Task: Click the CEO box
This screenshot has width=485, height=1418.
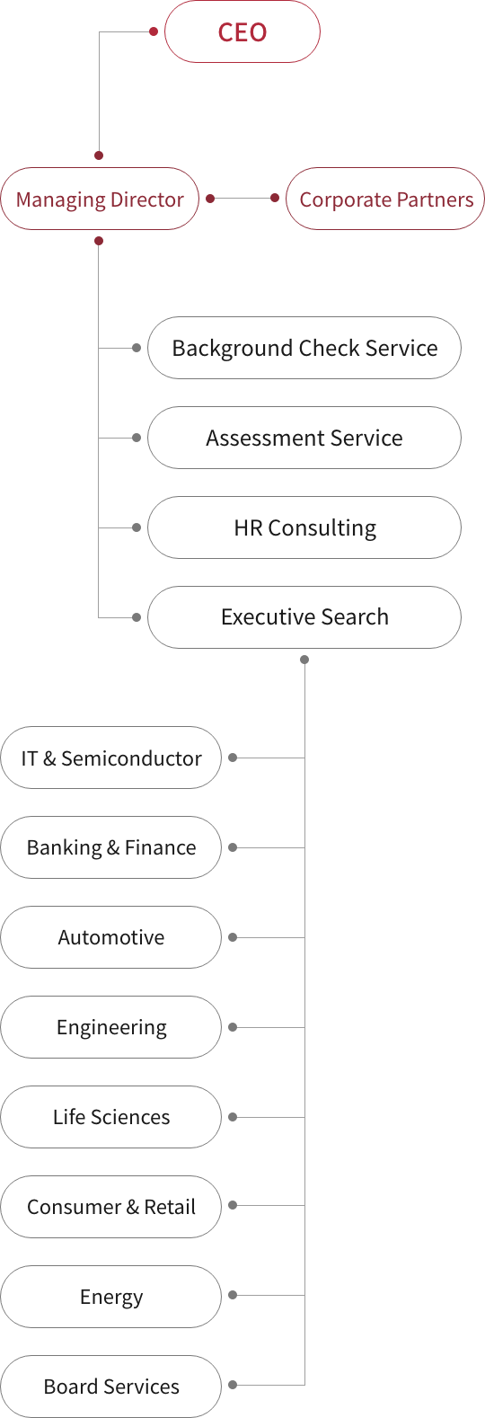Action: click(242, 31)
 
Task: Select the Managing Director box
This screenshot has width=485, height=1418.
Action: click(100, 199)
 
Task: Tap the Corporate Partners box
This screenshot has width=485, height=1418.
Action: click(385, 199)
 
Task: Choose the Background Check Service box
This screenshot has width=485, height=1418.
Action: click(304, 348)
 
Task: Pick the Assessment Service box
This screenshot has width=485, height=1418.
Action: click(304, 438)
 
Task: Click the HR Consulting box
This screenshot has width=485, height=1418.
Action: click(304, 527)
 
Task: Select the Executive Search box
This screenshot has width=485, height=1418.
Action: click(304, 617)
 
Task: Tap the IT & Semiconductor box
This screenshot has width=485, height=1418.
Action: click(111, 758)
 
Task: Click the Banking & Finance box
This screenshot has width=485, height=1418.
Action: click(111, 847)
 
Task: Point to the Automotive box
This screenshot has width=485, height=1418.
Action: click(111, 937)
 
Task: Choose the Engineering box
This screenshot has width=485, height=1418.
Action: click(111, 1027)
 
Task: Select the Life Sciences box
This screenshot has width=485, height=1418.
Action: click(111, 1117)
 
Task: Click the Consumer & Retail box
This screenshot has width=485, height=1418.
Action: click(111, 1207)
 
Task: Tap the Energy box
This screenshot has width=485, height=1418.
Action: click(111, 1297)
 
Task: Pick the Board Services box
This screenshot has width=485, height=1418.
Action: click(111, 1387)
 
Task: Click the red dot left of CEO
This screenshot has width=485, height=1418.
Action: click(153, 31)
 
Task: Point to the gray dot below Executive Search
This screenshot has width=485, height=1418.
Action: click(304, 660)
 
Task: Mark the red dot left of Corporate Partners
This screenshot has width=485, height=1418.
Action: click(275, 198)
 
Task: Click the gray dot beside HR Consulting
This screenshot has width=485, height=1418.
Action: click(136, 527)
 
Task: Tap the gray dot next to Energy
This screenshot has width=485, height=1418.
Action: click(233, 1295)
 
